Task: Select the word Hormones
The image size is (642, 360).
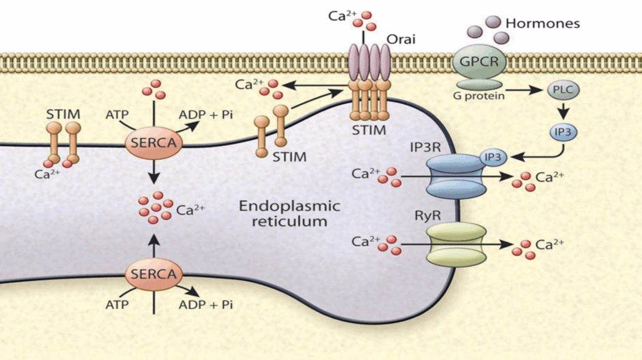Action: pos(542,24)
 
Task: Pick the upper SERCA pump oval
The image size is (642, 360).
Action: pos(154,144)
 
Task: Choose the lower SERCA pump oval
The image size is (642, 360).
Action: pos(154,274)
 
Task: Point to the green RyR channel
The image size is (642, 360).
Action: pos(456,245)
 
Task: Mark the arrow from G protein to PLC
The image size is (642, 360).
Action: pos(524,90)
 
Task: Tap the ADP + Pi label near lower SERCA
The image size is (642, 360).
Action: pos(205,305)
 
